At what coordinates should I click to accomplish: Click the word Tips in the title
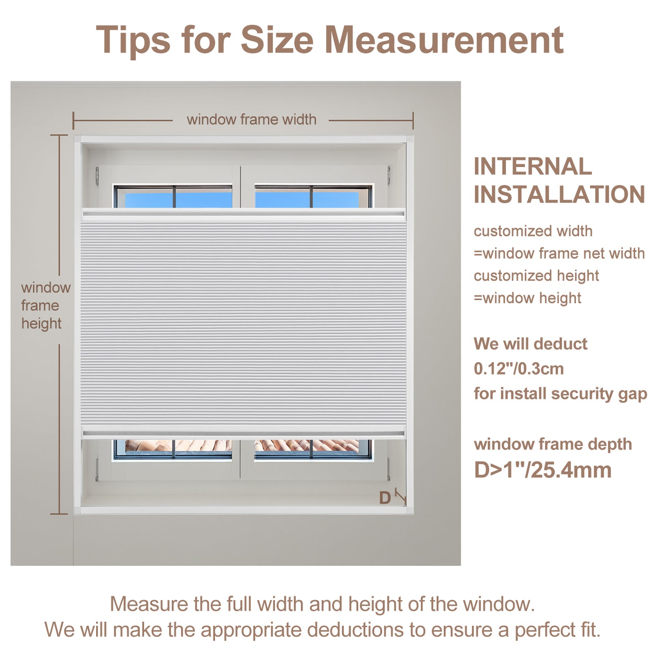pos(133,40)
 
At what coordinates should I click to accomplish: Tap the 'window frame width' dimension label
pos(252,119)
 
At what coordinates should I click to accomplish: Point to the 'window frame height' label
pos(46,305)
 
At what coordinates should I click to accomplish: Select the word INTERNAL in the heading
pos(533,167)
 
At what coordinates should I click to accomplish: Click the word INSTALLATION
pos(559,194)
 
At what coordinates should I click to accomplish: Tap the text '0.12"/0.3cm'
pos(519,369)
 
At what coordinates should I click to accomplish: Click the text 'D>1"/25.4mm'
pos(543,470)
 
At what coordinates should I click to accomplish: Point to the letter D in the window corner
pos(385,498)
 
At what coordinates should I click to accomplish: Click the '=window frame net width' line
pos(559,253)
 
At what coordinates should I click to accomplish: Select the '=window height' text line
pos(527,298)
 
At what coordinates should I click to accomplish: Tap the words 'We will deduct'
pos(530,344)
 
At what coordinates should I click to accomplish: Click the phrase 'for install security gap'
pos(560,394)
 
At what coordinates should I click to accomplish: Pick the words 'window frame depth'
pos(553,444)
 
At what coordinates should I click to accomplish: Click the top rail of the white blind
pos(243,214)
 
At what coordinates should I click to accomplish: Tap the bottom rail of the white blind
pos(243,432)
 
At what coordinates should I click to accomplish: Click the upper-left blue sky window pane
pos(149,199)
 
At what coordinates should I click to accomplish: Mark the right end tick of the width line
pos(413,120)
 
